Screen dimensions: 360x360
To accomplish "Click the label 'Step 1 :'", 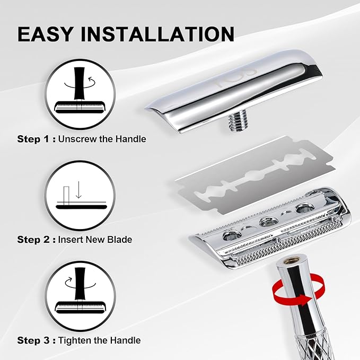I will (x=35, y=139).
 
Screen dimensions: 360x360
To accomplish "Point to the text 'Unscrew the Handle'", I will (x=102, y=139).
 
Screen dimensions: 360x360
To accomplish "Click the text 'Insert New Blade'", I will (x=95, y=240).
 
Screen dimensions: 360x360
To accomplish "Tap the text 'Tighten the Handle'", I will (x=100, y=340).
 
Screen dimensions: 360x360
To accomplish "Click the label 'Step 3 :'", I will (x=35, y=340).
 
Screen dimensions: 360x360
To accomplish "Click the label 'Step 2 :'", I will (x=35, y=240).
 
